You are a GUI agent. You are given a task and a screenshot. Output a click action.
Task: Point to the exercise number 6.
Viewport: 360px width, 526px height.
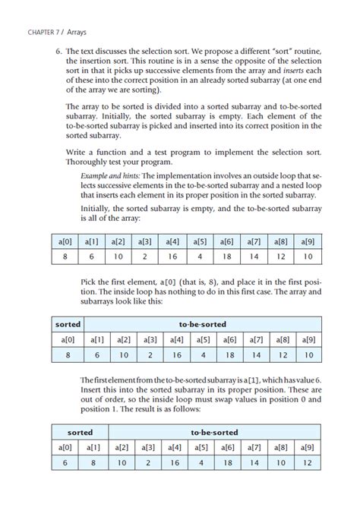click(x=58, y=51)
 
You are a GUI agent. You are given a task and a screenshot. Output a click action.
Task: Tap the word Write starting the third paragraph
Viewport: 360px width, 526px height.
click(x=77, y=152)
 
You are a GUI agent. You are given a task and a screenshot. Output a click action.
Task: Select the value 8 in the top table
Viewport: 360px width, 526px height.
click(x=67, y=257)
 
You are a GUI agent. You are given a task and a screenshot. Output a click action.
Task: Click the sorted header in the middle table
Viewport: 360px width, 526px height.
click(x=68, y=323)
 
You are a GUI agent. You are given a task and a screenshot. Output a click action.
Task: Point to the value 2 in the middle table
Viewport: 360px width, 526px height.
click(x=150, y=354)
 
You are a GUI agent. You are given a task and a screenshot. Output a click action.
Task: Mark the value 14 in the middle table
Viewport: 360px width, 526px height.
click(x=257, y=354)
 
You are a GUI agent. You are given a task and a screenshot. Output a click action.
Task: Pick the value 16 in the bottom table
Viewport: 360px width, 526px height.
click(x=175, y=463)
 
